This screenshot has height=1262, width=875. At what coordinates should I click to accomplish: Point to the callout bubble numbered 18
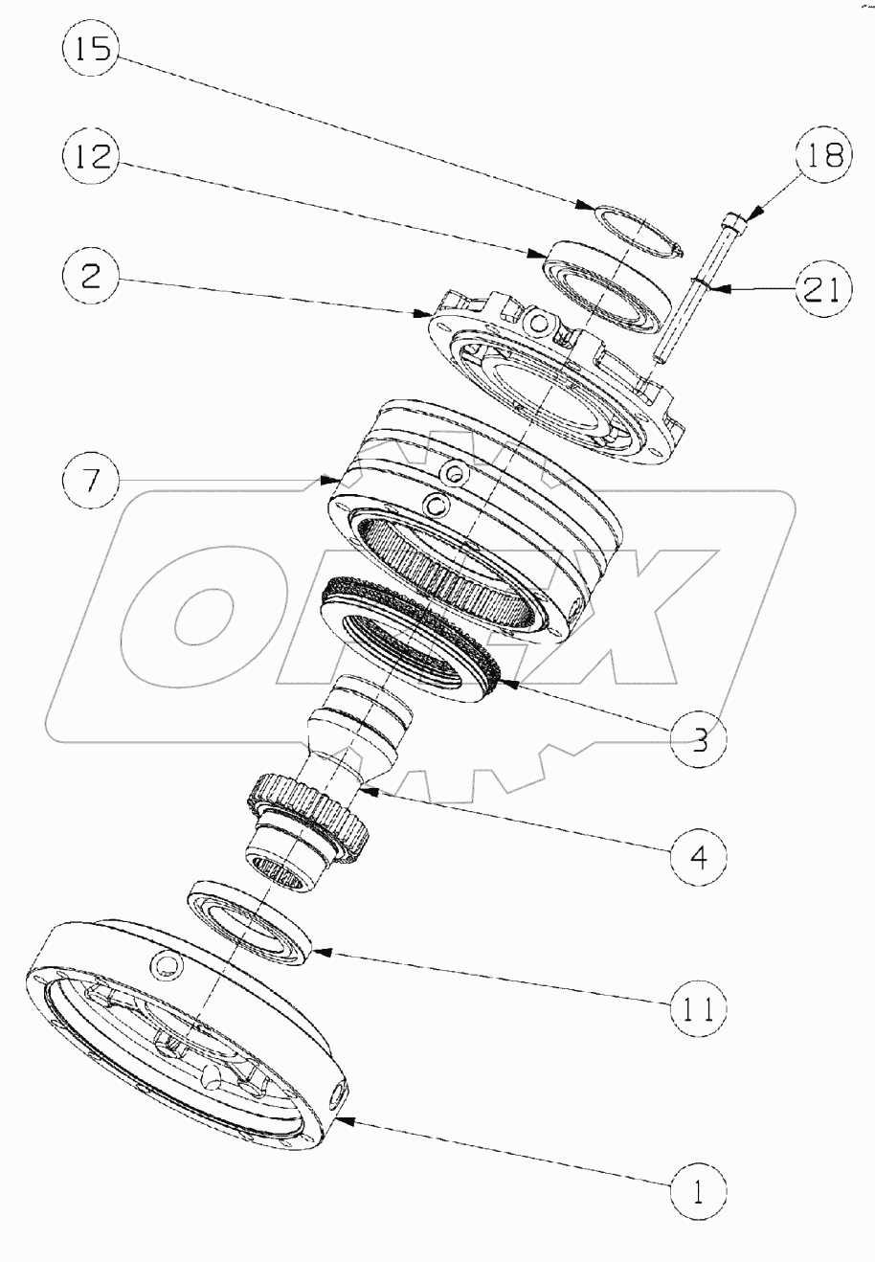pos(821,156)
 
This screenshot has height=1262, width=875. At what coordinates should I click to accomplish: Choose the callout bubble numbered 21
pos(820,288)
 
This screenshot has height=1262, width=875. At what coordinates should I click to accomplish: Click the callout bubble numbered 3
pos(699,740)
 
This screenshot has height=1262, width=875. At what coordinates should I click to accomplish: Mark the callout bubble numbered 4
pos(699,855)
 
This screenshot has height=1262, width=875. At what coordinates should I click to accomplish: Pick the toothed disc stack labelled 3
pos(412,637)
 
